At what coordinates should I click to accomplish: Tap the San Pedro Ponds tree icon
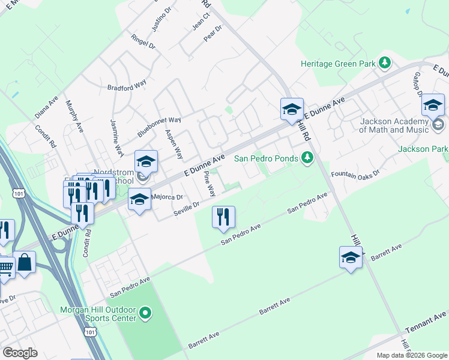coord(307,158)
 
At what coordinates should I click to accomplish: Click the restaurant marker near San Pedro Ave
coord(223,217)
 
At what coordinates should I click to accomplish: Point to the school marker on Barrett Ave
coord(351,257)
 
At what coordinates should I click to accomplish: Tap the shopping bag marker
coord(26,262)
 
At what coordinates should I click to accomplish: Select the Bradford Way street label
coord(127,86)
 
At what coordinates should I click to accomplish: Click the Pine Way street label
coord(209,184)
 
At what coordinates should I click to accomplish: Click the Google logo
coord(20,353)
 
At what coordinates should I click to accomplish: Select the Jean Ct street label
coord(200,23)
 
